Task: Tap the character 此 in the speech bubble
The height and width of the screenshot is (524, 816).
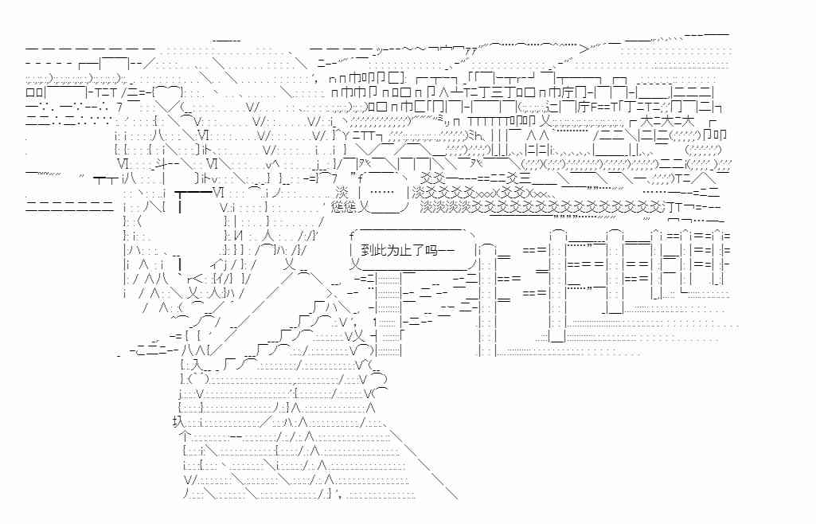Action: coord(381,250)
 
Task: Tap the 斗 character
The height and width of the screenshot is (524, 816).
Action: coord(144,164)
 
